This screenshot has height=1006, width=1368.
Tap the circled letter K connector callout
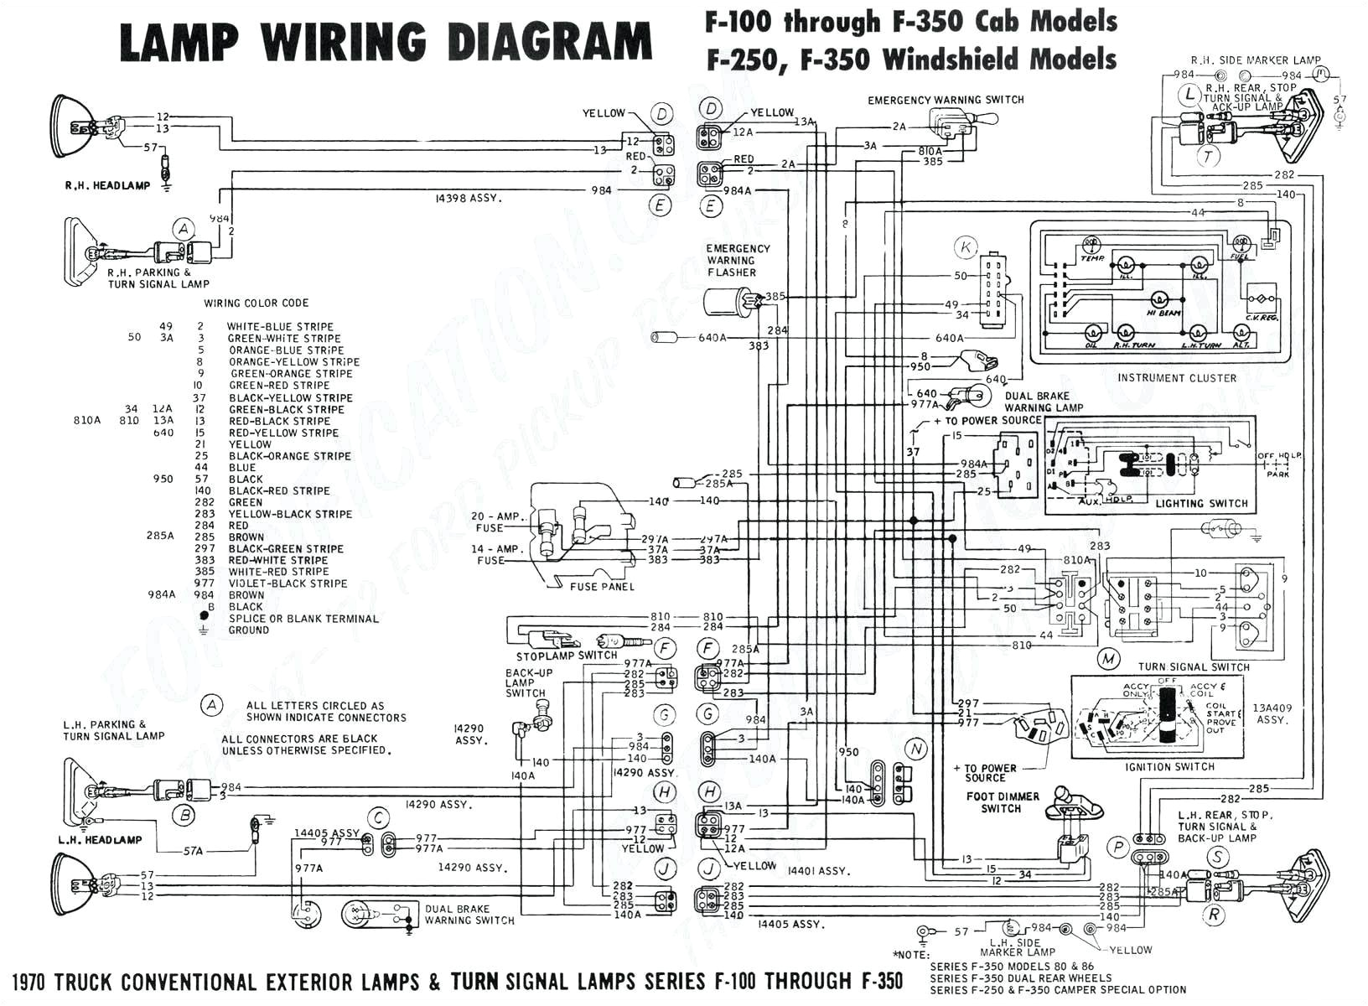coord(966,247)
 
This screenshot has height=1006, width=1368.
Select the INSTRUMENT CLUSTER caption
coord(1176,378)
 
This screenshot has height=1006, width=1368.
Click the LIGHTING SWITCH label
coord(1201,503)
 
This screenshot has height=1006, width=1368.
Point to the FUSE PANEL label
coord(602,587)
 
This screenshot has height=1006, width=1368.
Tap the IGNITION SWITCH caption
coord(1170,766)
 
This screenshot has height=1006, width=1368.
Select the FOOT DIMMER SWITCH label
coord(1002,802)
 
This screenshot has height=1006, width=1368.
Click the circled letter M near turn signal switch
coord(1109,659)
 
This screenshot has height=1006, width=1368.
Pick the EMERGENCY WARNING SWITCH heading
coord(946,100)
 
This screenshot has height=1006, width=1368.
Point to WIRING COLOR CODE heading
coord(256,303)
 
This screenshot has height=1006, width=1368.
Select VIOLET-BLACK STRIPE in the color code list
coord(288,583)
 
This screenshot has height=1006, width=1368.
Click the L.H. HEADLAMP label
coord(100,839)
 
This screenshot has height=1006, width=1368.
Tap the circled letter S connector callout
coord(1217,857)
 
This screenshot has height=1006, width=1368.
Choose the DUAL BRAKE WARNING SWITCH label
coord(469,915)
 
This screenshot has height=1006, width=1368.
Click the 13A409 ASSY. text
coord(1272,713)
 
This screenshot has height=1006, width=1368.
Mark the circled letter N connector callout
coord(916,749)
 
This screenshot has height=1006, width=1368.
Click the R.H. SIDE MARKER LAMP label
coord(1256,60)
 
